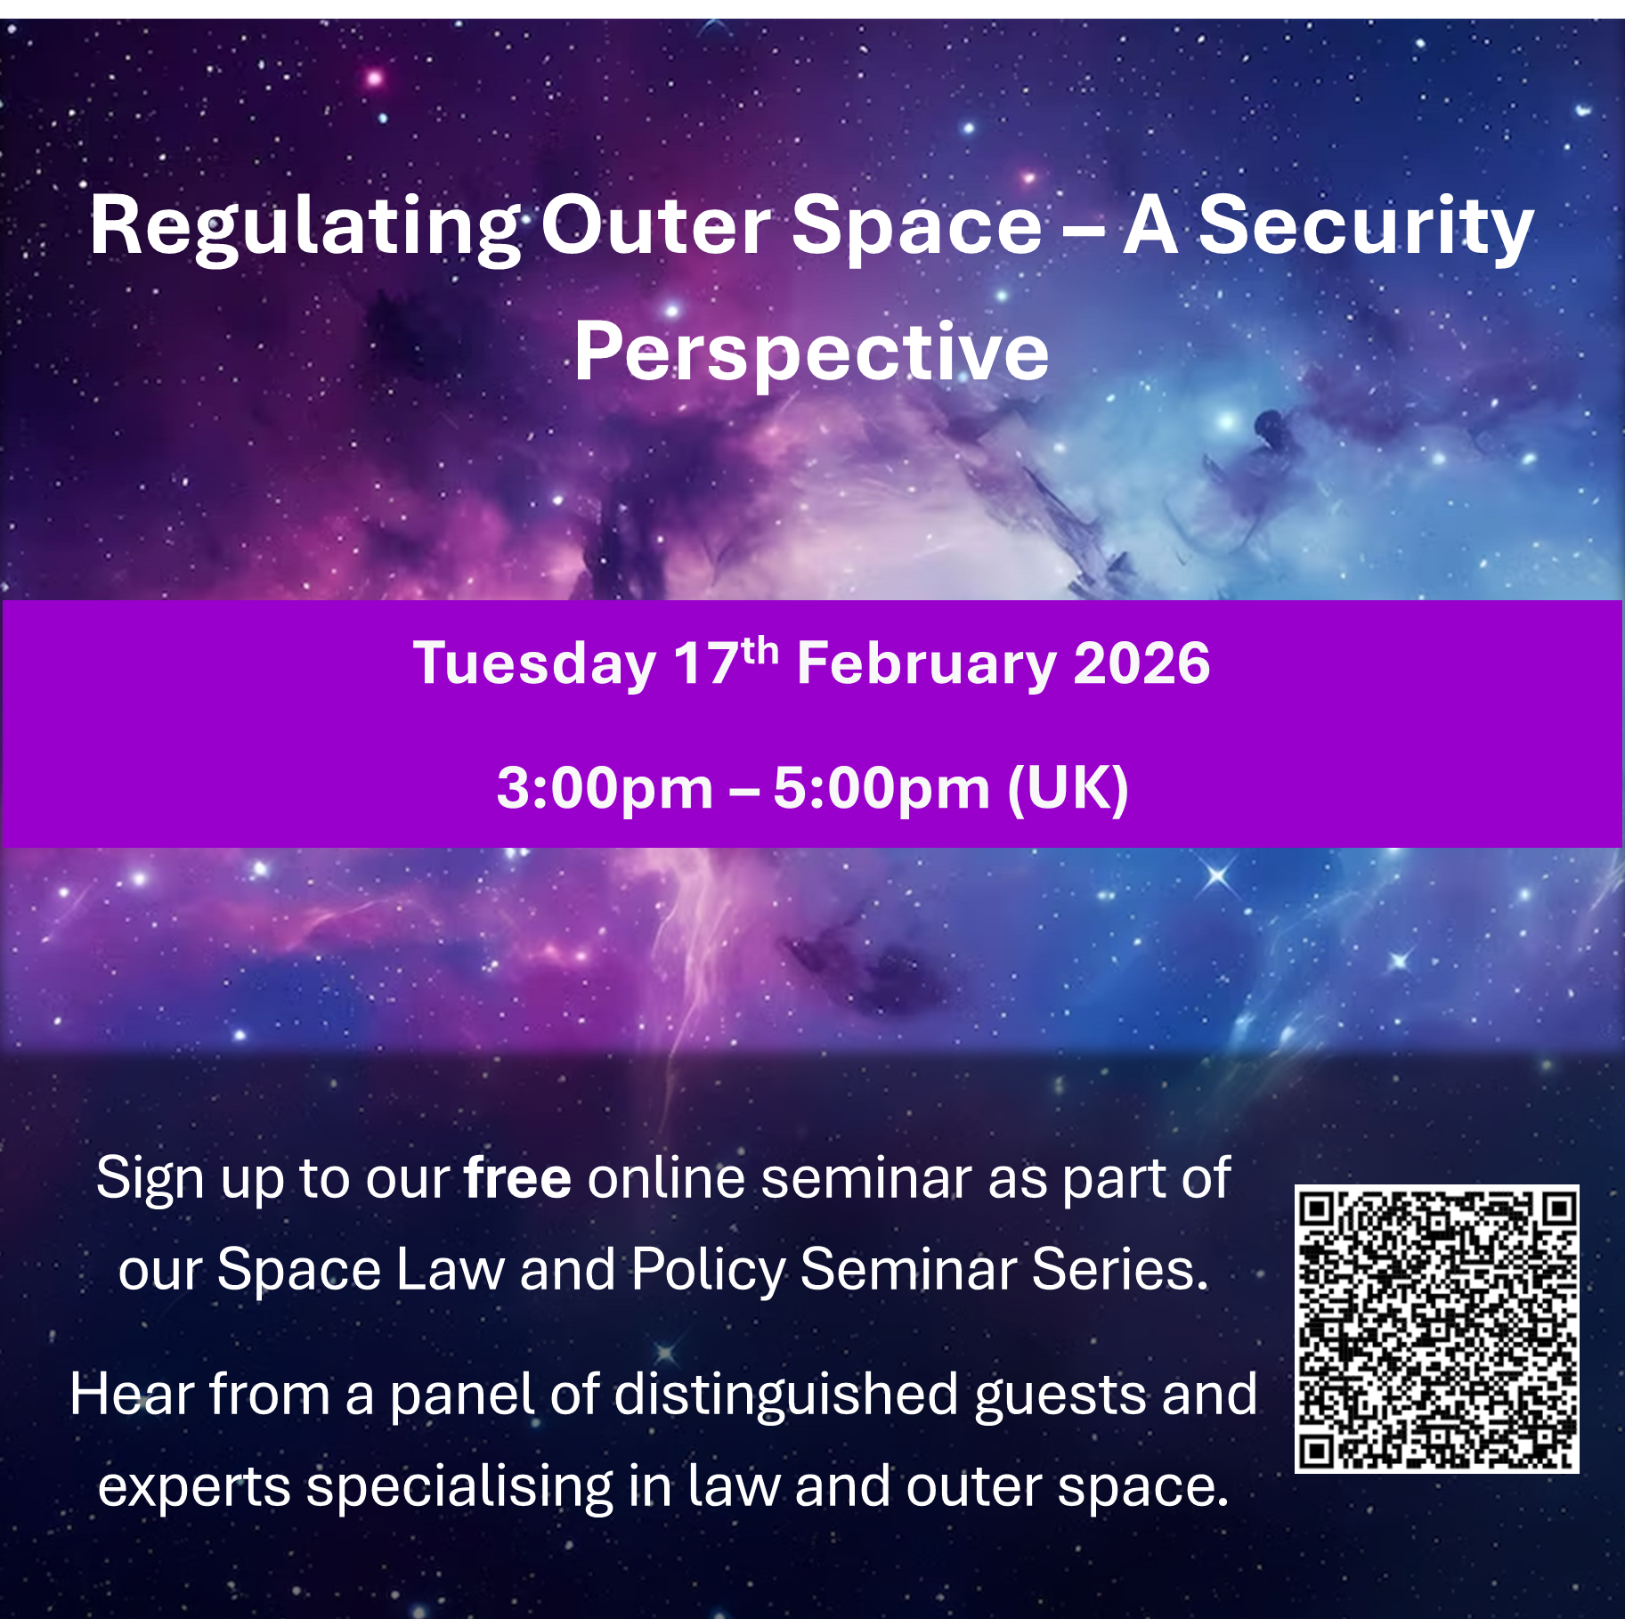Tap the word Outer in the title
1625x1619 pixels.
(x=655, y=227)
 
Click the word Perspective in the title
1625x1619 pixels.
(x=811, y=353)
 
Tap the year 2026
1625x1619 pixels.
(x=1142, y=663)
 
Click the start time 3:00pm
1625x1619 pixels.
(x=605, y=787)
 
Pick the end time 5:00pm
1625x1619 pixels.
(x=881, y=787)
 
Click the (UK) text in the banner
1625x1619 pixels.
(x=1068, y=787)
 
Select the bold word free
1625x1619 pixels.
(x=517, y=1178)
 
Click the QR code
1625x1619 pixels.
(x=1436, y=1329)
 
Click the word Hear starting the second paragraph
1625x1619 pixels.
(x=130, y=1394)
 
